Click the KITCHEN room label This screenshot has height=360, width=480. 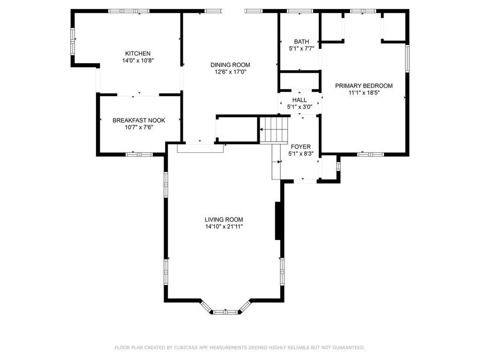[x=138, y=53]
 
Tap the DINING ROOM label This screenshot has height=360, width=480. [x=230, y=65]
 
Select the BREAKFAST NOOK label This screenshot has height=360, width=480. [x=139, y=120]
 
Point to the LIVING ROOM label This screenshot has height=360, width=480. [x=224, y=219]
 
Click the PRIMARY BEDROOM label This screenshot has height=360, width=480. [x=364, y=86]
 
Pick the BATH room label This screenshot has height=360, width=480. [x=301, y=42]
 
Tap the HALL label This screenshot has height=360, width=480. [x=300, y=100]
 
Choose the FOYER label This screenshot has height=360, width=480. [x=300, y=147]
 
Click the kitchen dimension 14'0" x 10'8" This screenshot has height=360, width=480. [x=138, y=60]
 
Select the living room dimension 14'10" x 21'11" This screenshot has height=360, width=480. [x=224, y=226]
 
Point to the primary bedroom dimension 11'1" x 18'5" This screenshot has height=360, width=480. [x=364, y=93]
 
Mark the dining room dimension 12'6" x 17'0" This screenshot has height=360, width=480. [x=230, y=72]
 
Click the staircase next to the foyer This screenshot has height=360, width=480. [x=274, y=130]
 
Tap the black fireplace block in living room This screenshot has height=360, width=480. [x=278, y=221]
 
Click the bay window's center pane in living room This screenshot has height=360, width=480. [x=225, y=312]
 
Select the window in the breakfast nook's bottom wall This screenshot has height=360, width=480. [x=139, y=155]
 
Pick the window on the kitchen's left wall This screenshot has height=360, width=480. [x=73, y=42]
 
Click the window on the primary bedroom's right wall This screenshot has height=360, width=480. [x=407, y=59]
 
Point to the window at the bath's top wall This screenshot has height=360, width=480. [x=300, y=11]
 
